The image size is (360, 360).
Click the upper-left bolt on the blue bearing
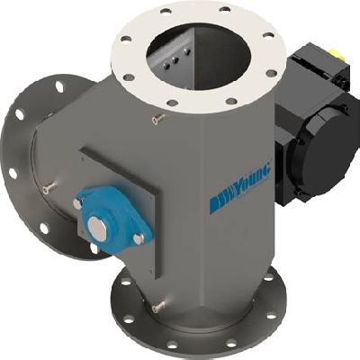(77, 203)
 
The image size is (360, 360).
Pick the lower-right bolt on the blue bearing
(138, 239)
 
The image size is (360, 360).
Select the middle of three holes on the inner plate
(175, 61)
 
